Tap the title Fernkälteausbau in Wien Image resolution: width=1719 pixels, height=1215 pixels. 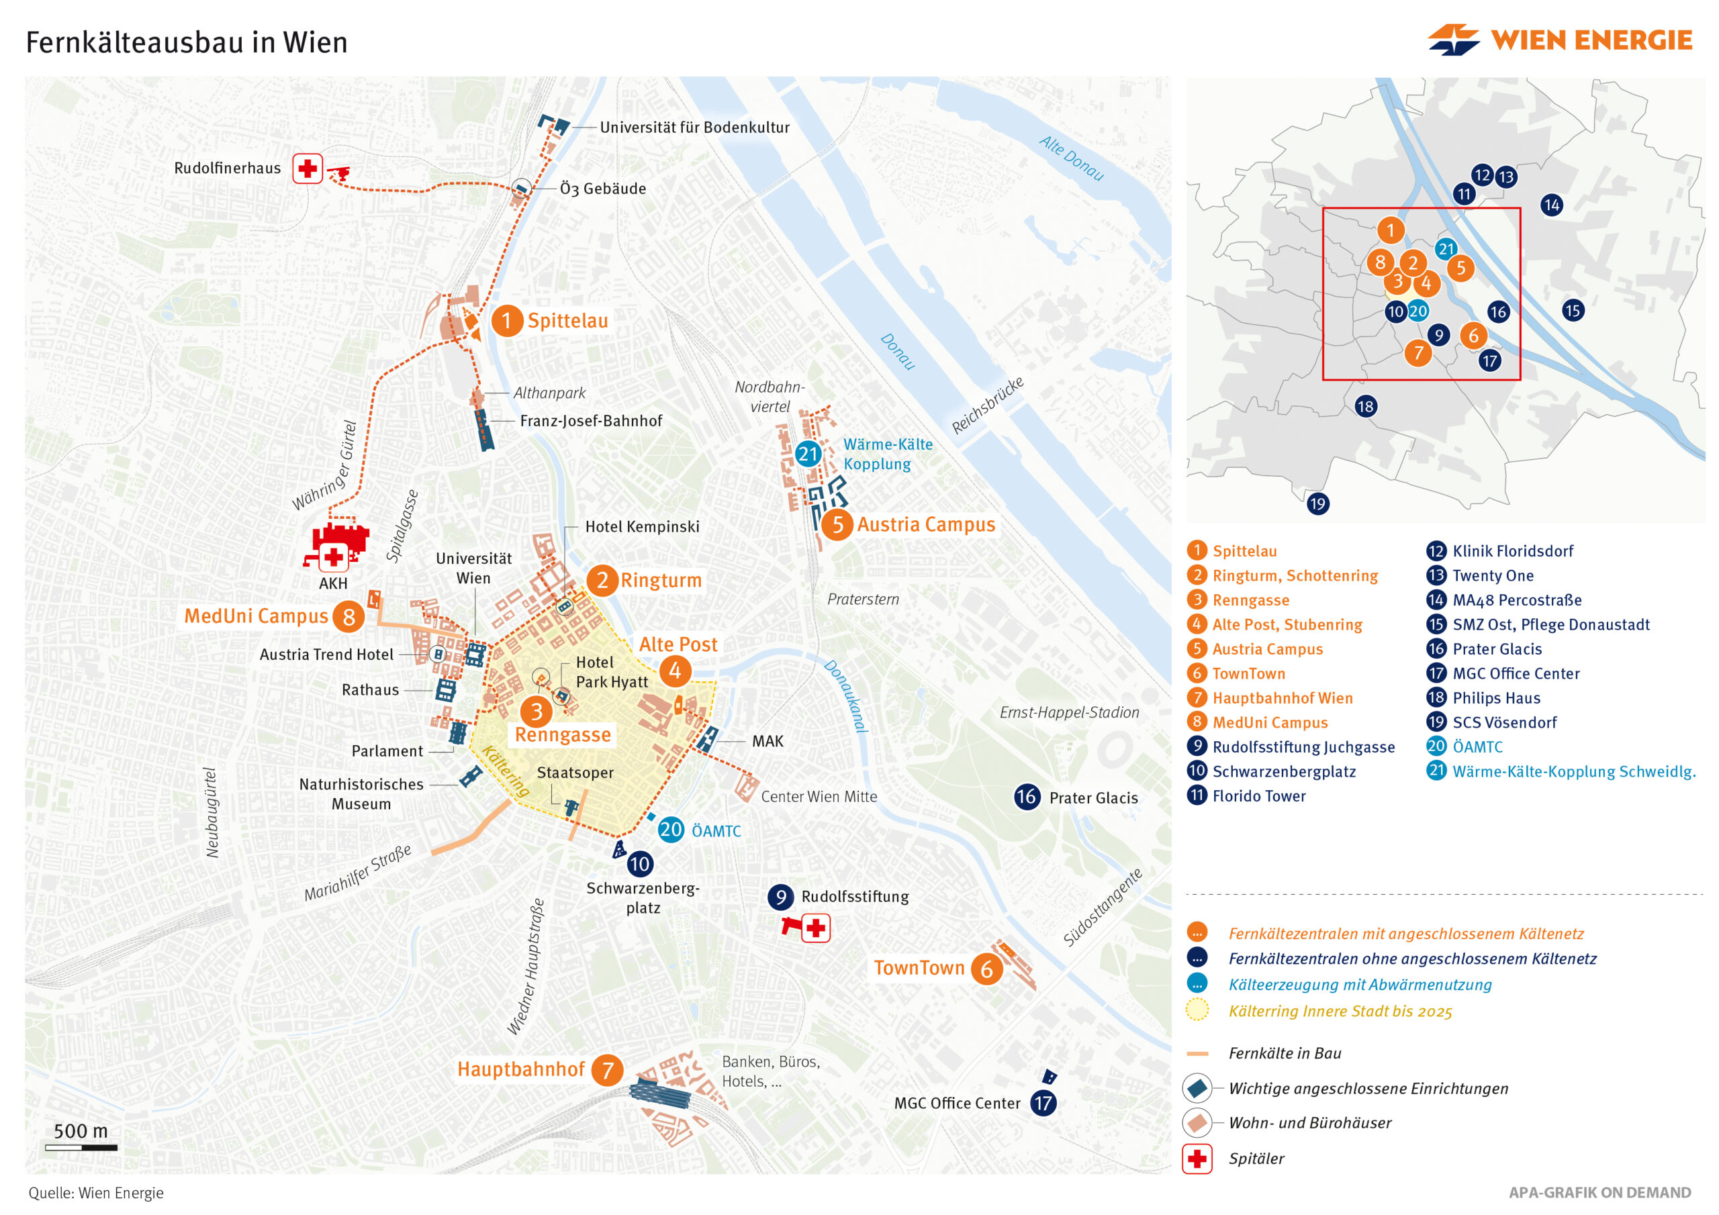click(187, 43)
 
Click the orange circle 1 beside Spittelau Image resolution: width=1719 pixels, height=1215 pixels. click(507, 321)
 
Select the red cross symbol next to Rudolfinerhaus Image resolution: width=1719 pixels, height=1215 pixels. click(307, 168)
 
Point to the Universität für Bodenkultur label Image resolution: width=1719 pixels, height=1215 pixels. click(694, 128)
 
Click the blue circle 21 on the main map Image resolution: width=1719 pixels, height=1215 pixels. click(808, 454)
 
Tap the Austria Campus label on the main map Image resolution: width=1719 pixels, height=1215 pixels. click(926, 524)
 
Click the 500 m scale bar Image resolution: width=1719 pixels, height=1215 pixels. click(81, 1147)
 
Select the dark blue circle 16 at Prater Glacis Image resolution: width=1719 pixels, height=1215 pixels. click(1027, 797)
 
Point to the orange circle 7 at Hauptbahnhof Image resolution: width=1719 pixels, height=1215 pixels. click(607, 1070)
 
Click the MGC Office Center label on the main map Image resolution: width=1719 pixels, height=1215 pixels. click(957, 1103)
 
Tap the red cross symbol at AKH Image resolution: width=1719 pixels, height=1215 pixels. click(333, 557)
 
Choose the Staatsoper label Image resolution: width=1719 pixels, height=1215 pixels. click(575, 773)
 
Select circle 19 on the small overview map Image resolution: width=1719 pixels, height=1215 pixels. click(1317, 504)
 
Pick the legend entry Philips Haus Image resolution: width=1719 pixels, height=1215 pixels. click(1496, 697)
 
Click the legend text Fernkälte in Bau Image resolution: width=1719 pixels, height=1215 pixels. click(1284, 1053)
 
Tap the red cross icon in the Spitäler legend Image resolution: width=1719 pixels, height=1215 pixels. click(1197, 1159)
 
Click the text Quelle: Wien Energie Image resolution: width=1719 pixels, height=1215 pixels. click(96, 1193)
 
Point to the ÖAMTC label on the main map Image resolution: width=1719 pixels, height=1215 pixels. click(716, 831)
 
